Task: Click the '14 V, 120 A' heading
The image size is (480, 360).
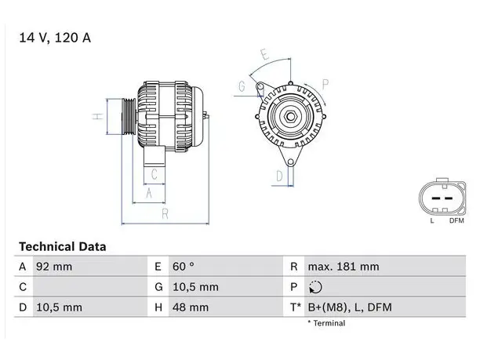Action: click(x=55, y=38)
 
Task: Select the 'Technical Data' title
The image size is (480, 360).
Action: click(x=63, y=247)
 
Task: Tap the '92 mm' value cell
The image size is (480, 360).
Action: click(x=54, y=267)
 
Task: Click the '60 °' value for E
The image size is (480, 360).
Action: click(x=183, y=267)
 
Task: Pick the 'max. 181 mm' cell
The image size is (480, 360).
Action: click(x=344, y=267)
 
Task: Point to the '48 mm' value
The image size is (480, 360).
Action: click(x=191, y=307)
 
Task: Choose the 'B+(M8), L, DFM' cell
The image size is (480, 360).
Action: click(x=350, y=307)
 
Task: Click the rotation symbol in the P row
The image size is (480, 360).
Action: click(x=315, y=287)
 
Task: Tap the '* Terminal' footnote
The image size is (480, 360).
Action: click(x=326, y=323)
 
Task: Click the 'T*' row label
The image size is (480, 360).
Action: click(x=296, y=307)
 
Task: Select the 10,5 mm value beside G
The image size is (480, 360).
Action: click(x=195, y=287)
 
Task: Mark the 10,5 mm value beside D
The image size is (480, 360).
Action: click(x=60, y=307)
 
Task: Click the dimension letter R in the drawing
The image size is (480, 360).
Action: click(x=165, y=213)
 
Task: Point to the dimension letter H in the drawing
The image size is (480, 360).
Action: click(x=98, y=116)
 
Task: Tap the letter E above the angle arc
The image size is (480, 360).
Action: click(x=265, y=54)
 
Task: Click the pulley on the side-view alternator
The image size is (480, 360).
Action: click(x=129, y=116)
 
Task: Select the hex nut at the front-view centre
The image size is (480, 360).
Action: click(x=290, y=116)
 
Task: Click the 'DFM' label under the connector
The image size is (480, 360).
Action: click(x=456, y=220)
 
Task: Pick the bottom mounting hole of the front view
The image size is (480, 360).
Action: click(x=290, y=162)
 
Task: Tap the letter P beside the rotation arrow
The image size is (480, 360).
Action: click(x=325, y=84)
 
